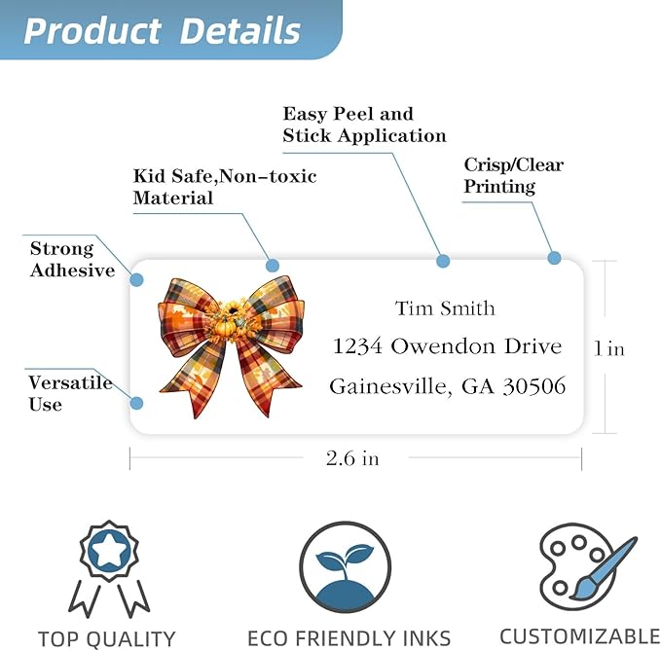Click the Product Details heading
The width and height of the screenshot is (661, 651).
pos(162,30)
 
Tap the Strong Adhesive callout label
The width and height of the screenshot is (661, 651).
pos(72,259)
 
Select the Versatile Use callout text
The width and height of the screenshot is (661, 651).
pos(70,393)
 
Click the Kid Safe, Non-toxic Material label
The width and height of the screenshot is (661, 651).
pos(225,187)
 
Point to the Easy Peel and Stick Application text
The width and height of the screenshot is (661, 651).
pos(364,125)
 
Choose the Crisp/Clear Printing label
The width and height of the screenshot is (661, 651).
pos(513,176)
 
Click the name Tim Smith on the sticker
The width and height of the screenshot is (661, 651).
pos(445,308)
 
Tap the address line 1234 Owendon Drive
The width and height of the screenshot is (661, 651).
pos(447,346)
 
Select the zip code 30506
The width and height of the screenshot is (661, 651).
pos(534,386)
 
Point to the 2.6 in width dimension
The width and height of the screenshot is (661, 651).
pos(352,458)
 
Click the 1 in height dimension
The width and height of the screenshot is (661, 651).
pos(609,349)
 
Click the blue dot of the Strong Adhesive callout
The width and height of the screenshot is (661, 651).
pos(136,279)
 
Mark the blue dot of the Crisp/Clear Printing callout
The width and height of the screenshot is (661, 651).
pos(554,258)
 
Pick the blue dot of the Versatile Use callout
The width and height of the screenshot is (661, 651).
pos(136,403)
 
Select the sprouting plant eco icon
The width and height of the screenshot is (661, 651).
pos(346,567)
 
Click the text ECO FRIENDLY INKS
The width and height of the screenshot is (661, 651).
pos(349,638)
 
